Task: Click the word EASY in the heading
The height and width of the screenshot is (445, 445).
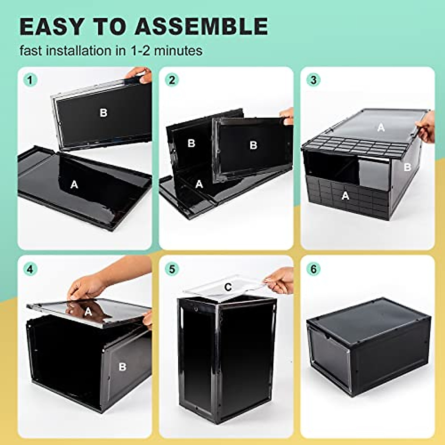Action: point(52,26)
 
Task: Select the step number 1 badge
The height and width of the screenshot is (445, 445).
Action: point(30,80)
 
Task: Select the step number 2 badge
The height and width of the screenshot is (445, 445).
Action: point(172,80)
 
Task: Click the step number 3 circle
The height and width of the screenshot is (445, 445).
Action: point(313,80)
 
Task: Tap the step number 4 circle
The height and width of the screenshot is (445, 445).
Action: point(30,269)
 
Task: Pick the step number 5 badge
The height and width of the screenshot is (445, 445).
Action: point(172,269)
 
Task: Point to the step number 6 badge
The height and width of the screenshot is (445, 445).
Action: point(313,269)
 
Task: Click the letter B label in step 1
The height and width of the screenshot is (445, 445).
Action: point(103,113)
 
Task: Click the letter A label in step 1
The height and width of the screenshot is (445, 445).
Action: point(74,184)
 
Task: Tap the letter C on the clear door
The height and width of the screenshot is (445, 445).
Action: point(228,287)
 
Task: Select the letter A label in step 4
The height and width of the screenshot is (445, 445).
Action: point(88,312)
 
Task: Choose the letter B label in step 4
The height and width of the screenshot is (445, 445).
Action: point(122,367)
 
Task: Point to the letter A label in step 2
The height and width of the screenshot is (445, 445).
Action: point(199,184)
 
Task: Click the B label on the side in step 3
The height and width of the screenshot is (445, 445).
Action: point(407,167)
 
